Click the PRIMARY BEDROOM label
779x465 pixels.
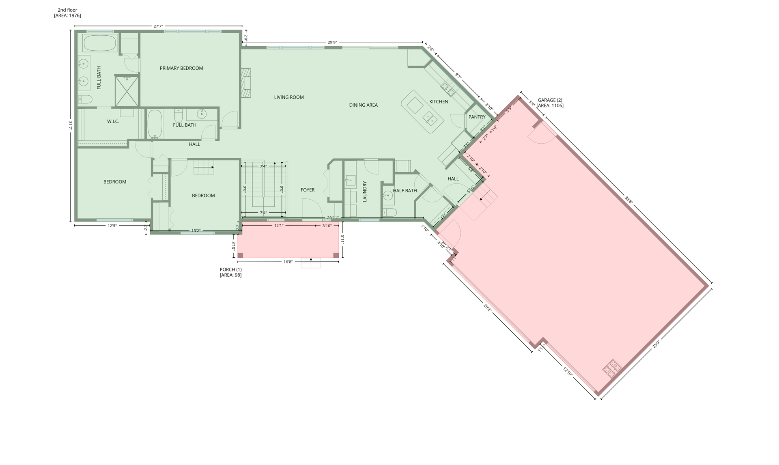(x=181, y=68)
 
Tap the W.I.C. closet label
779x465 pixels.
(x=113, y=121)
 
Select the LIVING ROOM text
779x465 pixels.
(x=289, y=97)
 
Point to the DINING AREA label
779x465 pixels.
(x=364, y=105)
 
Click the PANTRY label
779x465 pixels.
(x=477, y=117)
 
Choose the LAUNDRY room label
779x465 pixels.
(x=365, y=192)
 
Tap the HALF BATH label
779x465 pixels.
(x=405, y=191)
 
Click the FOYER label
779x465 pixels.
(x=308, y=190)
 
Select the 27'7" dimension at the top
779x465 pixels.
(x=158, y=26)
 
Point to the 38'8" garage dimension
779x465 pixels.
(x=628, y=200)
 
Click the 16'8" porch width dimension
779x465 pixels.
(x=288, y=262)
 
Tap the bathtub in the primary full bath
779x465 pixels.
(x=100, y=43)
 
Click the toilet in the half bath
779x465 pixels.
(x=390, y=212)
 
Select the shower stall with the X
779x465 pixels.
(x=127, y=91)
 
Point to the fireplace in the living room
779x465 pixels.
(x=246, y=83)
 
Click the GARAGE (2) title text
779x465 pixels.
(x=550, y=100)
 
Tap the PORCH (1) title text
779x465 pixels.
(x=230, y=269)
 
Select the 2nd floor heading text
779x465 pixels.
(x=67, y=10)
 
